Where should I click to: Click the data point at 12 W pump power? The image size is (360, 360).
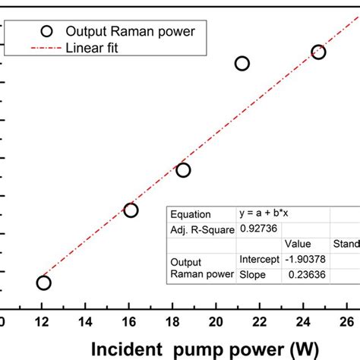pos(43,283)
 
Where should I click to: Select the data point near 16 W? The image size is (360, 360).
pos(131,210)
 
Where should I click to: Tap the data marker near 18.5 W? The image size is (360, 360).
pos(183,170)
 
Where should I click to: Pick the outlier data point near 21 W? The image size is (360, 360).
pos(242,63)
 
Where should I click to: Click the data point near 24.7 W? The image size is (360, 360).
pos(318,52)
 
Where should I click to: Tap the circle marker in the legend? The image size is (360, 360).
pos(47,31)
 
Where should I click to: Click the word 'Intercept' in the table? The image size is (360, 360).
pos(259,260)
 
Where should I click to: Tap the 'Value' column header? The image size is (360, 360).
pos(298,244)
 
